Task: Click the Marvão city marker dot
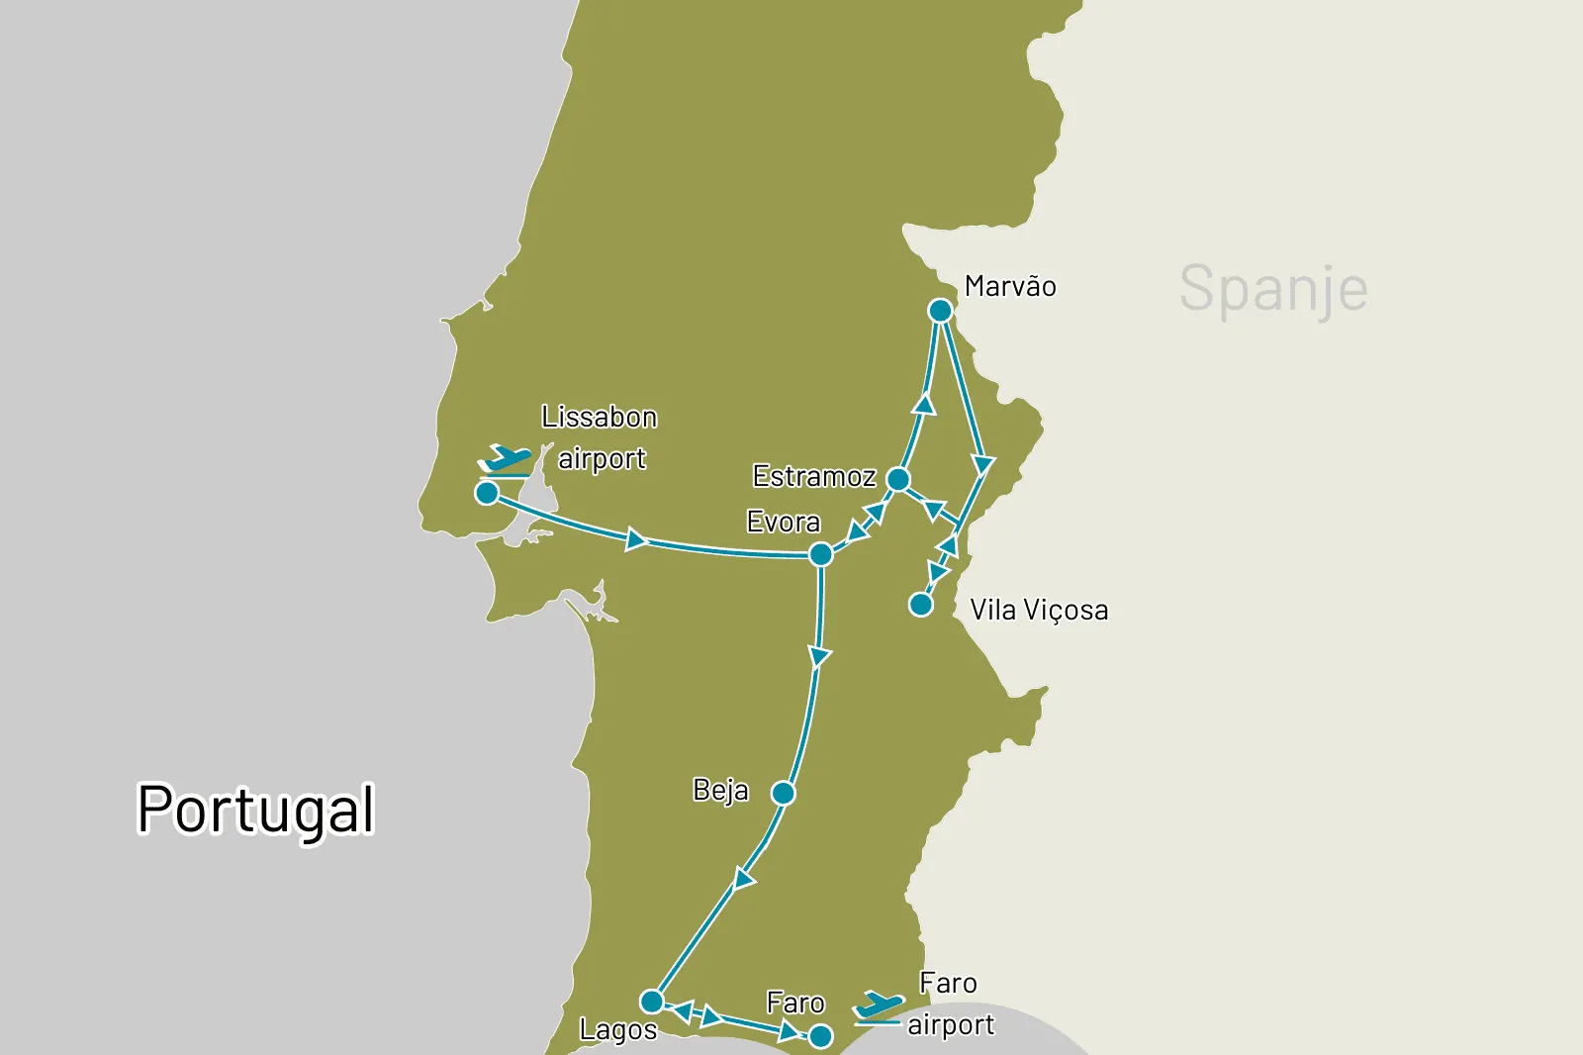(x=940, y=311)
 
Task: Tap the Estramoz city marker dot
(x=898, y=479)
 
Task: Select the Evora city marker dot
(x=820, y=554)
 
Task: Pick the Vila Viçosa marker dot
(x=921, y=604)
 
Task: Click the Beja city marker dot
(x=783, y=793)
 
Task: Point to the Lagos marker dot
(x=651, y=1001)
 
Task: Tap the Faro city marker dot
(x=820, y=1036)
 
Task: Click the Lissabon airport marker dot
(x=487, y=492)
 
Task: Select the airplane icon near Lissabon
(x=506, y=459)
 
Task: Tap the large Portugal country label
(x=255, y=809)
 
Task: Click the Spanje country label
(x=1273, y=289)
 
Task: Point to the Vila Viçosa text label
(x=1039, y=610)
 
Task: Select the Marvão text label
(x=1010, y=286)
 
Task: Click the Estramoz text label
(x=814, y=476)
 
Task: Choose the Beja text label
(x=720, y=790)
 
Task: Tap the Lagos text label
(x=618, y=1029)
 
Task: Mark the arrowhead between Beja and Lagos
(x=744, y=878)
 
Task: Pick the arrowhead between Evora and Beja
(x=819, y=656)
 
